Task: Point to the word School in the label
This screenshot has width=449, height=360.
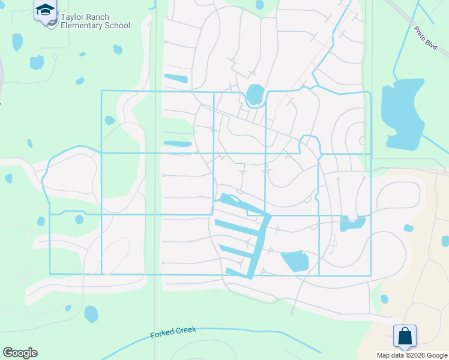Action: click(x=117, y=26)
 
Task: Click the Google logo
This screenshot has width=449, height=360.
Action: click(x=20, y=353)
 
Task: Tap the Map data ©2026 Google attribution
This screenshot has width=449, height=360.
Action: click(x=412, y=355)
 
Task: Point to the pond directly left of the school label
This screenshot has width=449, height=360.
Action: click(x=17, y=41)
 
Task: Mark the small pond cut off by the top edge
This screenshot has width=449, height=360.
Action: click(x=259, y=4)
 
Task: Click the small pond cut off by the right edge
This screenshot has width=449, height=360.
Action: click(x=445, y=241)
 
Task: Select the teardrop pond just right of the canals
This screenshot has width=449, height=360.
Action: click(x=295, y=261)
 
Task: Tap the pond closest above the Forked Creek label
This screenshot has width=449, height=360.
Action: click(x=91, y=314)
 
